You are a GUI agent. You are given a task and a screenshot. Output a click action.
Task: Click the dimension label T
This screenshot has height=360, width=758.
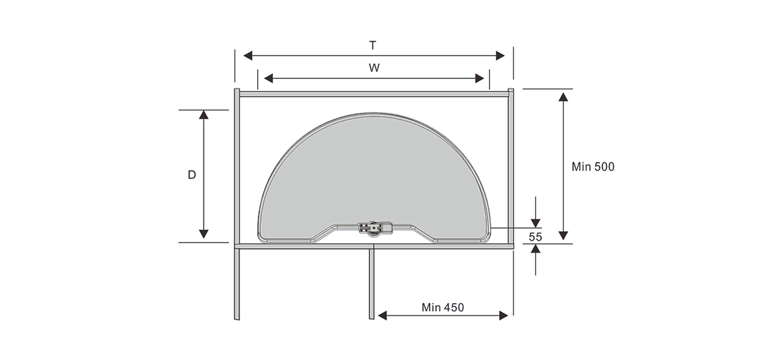pyautogui.click(x=373, y=45)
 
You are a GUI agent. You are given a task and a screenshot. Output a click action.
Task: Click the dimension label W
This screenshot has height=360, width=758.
pyautogui.click(x=374, y=68)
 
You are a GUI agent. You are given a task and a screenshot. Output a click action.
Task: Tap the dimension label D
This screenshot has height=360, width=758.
pyautogui.click(x=192, y=175)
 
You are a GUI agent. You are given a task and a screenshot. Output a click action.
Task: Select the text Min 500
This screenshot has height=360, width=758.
pyautogui.click(x=593, y=167)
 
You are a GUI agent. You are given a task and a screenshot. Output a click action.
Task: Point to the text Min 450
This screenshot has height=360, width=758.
pyautogui.click(x=443, y=308)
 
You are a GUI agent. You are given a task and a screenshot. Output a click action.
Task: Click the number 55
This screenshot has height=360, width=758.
pyautogui.click(x=536, y=237)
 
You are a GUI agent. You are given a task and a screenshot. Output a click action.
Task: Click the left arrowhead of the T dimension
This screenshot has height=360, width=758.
pyautogui.click(x=248, y=56)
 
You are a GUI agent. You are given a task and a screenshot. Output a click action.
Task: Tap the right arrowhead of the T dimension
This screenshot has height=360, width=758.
pyautogui.click(x=500, y=56)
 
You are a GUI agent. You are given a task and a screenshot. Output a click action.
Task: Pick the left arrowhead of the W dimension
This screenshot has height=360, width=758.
pyautogui.click(x=268, y=78)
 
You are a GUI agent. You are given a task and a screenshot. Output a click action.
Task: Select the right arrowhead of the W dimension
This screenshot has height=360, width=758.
pyautogui.click(x=479, y=78)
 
